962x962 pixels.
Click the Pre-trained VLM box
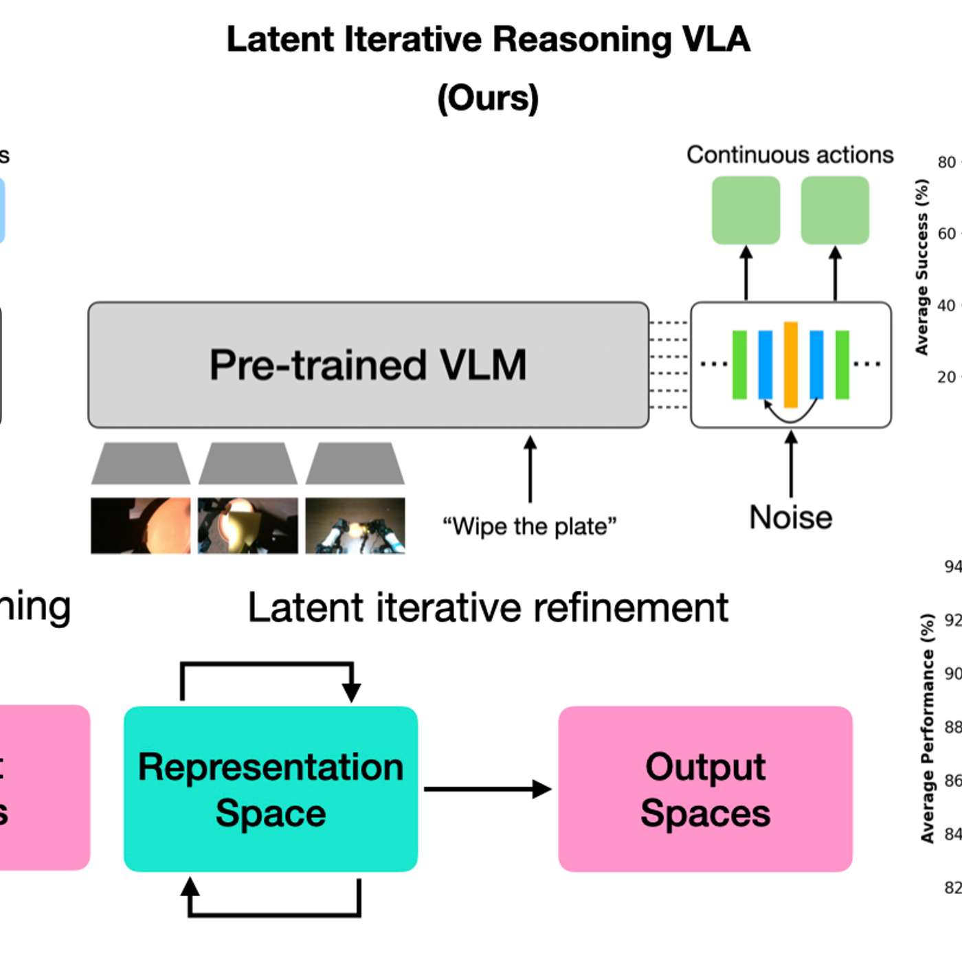368,365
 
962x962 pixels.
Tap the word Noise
790,517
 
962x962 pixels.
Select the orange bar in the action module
791,364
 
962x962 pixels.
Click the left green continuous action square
746,210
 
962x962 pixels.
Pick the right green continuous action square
835,210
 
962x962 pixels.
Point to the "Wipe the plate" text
529,526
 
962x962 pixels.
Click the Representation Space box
271,789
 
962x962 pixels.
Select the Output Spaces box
705,789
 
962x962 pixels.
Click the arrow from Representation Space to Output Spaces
488,789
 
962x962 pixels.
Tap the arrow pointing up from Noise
791,464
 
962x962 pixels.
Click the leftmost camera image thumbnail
141,525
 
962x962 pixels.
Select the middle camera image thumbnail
248,525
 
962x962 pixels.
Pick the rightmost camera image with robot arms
355,525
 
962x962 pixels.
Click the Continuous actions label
790,155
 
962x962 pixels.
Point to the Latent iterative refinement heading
488,607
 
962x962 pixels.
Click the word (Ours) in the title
488,98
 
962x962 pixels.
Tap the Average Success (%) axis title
921,267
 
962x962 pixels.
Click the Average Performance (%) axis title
927,728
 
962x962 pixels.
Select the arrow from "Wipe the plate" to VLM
530,469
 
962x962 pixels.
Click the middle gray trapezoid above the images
248,464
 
